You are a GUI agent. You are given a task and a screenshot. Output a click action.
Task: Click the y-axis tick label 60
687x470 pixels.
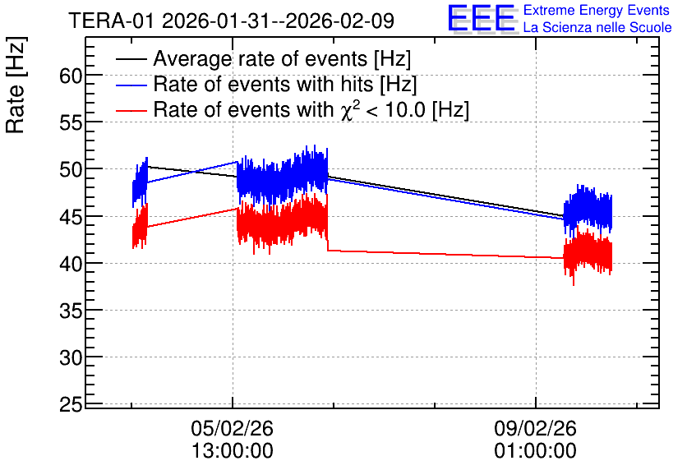pos(71,76)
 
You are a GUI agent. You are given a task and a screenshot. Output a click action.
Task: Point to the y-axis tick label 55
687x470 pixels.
pos(71,123)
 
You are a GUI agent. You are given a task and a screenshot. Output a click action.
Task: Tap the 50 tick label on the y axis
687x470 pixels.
pos(71,169)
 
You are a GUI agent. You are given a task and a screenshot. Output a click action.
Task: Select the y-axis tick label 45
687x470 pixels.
pos(71,217)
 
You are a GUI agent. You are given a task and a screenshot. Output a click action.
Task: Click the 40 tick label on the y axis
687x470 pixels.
pos(71,264)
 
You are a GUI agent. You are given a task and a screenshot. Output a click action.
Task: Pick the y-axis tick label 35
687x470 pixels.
pos(71,311)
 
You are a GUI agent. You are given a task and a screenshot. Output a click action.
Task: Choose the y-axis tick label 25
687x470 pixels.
pos(71,405)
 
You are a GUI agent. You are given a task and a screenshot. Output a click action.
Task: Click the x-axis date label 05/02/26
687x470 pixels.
pos(233,428)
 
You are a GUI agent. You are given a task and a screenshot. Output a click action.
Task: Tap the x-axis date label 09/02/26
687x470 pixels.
pos(536,428)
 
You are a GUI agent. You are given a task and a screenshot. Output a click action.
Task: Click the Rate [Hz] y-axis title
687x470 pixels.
pos(16,85)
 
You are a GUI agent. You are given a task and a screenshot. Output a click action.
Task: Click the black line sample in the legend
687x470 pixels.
pos(131,59)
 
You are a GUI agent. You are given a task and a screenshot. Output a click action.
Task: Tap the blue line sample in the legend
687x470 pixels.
pos(131,85)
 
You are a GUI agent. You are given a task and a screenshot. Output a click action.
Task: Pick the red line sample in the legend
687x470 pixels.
pos(131,110)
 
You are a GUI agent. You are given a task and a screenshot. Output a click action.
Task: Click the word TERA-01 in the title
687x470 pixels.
pos(111,21)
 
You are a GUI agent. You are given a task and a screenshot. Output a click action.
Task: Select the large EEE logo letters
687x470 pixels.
pos(482,18)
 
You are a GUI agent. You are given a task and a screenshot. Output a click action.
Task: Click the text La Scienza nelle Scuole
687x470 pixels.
pos(597,27)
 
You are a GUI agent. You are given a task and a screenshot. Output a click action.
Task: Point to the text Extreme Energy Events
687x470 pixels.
pos(597,10)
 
